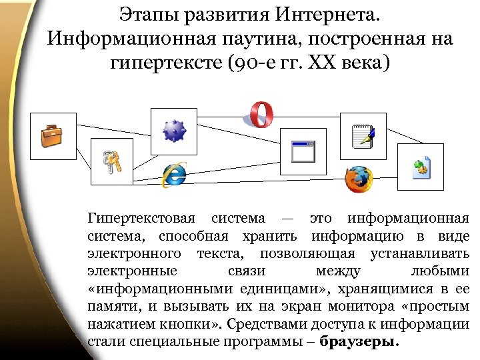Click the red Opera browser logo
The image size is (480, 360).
pos(261,114)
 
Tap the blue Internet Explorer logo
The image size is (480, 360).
pos(174,175)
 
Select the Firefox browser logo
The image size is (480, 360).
pos(358,179)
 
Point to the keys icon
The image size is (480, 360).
pos(111,161)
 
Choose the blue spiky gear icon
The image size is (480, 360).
pos(173,131)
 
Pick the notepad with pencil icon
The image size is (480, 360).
pos(363,136)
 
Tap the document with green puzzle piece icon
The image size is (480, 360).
pos(420,167)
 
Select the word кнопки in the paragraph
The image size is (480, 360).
pos(191,325)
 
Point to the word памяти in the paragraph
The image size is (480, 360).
pos(107,307)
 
